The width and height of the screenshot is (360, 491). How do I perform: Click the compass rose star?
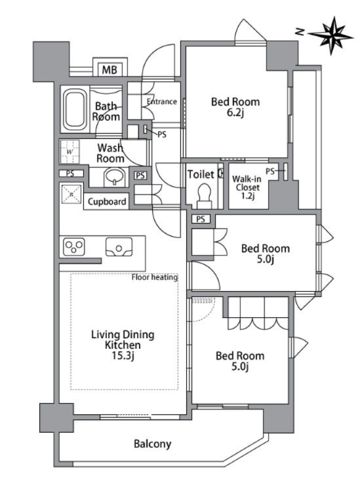click(x=332, y=35)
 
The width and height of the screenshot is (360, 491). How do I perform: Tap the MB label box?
click(x=110, y=69)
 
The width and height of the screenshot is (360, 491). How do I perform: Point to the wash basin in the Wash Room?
click(x=115, y=177)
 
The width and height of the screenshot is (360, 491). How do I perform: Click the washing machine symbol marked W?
click(x=70, y=151)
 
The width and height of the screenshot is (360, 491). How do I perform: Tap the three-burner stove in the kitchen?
click(x=73, y=246)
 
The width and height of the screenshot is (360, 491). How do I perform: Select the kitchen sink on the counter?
click(x=119, y=247)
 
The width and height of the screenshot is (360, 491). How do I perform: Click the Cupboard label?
click(x=107, y=201)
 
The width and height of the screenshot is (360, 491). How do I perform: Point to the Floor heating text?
click(x=155, y=277)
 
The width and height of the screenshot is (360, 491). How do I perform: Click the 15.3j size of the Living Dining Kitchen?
click(x=123, y=356)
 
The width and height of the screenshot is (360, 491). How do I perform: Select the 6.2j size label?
click(x=235, y=112)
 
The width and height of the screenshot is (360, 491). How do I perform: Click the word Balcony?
click(x=153, y=444)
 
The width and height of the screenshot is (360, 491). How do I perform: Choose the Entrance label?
click(x=162, y=102)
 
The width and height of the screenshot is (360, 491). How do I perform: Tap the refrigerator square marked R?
click(x=71, y=195)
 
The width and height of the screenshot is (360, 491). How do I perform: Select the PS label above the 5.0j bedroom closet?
click(x=201, y=219)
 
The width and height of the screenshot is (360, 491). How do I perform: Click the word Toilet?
click(x=201, y=174)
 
